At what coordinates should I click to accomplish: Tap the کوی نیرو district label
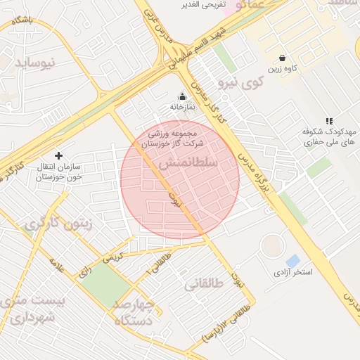(241, 84)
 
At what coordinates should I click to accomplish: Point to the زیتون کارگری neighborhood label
(59, 224)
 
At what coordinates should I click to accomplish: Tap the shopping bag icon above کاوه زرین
(282, 58)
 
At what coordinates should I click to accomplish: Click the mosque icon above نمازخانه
(183, 96)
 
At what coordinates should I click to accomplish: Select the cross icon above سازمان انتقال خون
(58, 155)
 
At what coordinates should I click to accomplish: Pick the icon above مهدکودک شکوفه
(329, 122)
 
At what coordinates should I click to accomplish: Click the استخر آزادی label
(293, 271)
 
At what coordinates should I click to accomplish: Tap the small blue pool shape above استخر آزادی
(292, 261)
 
